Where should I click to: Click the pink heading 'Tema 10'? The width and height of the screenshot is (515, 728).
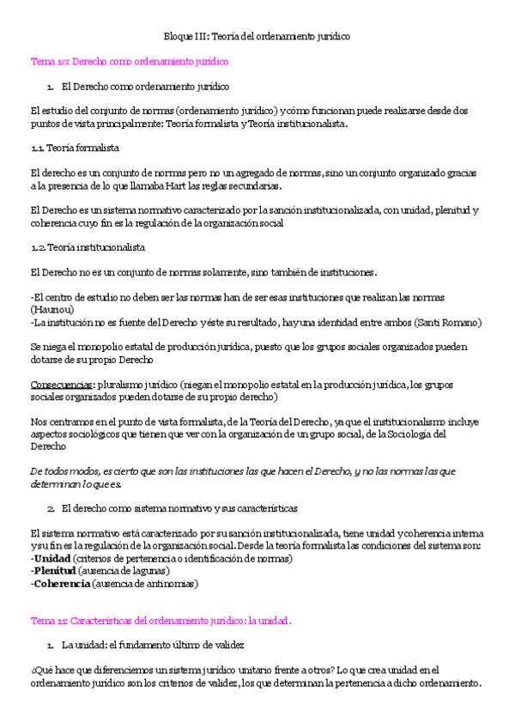[129, 62]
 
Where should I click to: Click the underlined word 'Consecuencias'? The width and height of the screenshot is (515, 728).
[61, 385]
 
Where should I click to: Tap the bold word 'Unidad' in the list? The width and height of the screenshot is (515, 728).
[53, 558]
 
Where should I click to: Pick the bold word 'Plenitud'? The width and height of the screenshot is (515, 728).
[56, 570]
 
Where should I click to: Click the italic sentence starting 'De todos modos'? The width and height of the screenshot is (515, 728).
[242, 477]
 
